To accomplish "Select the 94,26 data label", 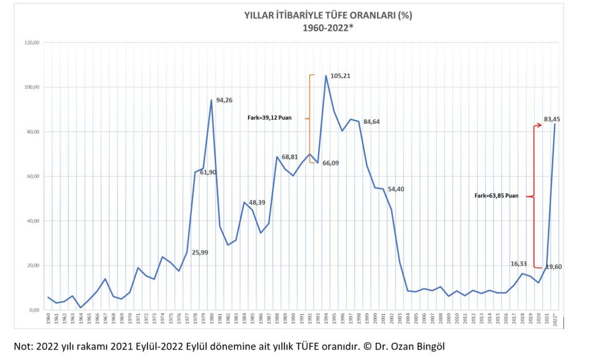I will [x=225, y=100].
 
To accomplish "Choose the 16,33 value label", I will [x=519, y=264].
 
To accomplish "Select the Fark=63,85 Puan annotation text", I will [x=497, y=196].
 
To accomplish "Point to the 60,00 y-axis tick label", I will [x=32, y=176].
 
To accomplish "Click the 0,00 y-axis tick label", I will [x=33, y=310].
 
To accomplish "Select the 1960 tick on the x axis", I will [x=48, y=320].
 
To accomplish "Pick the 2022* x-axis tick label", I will [x=555, y=320].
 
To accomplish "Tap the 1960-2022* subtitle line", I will [x=328, y=28].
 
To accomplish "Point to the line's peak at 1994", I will [x=326, y=76].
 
